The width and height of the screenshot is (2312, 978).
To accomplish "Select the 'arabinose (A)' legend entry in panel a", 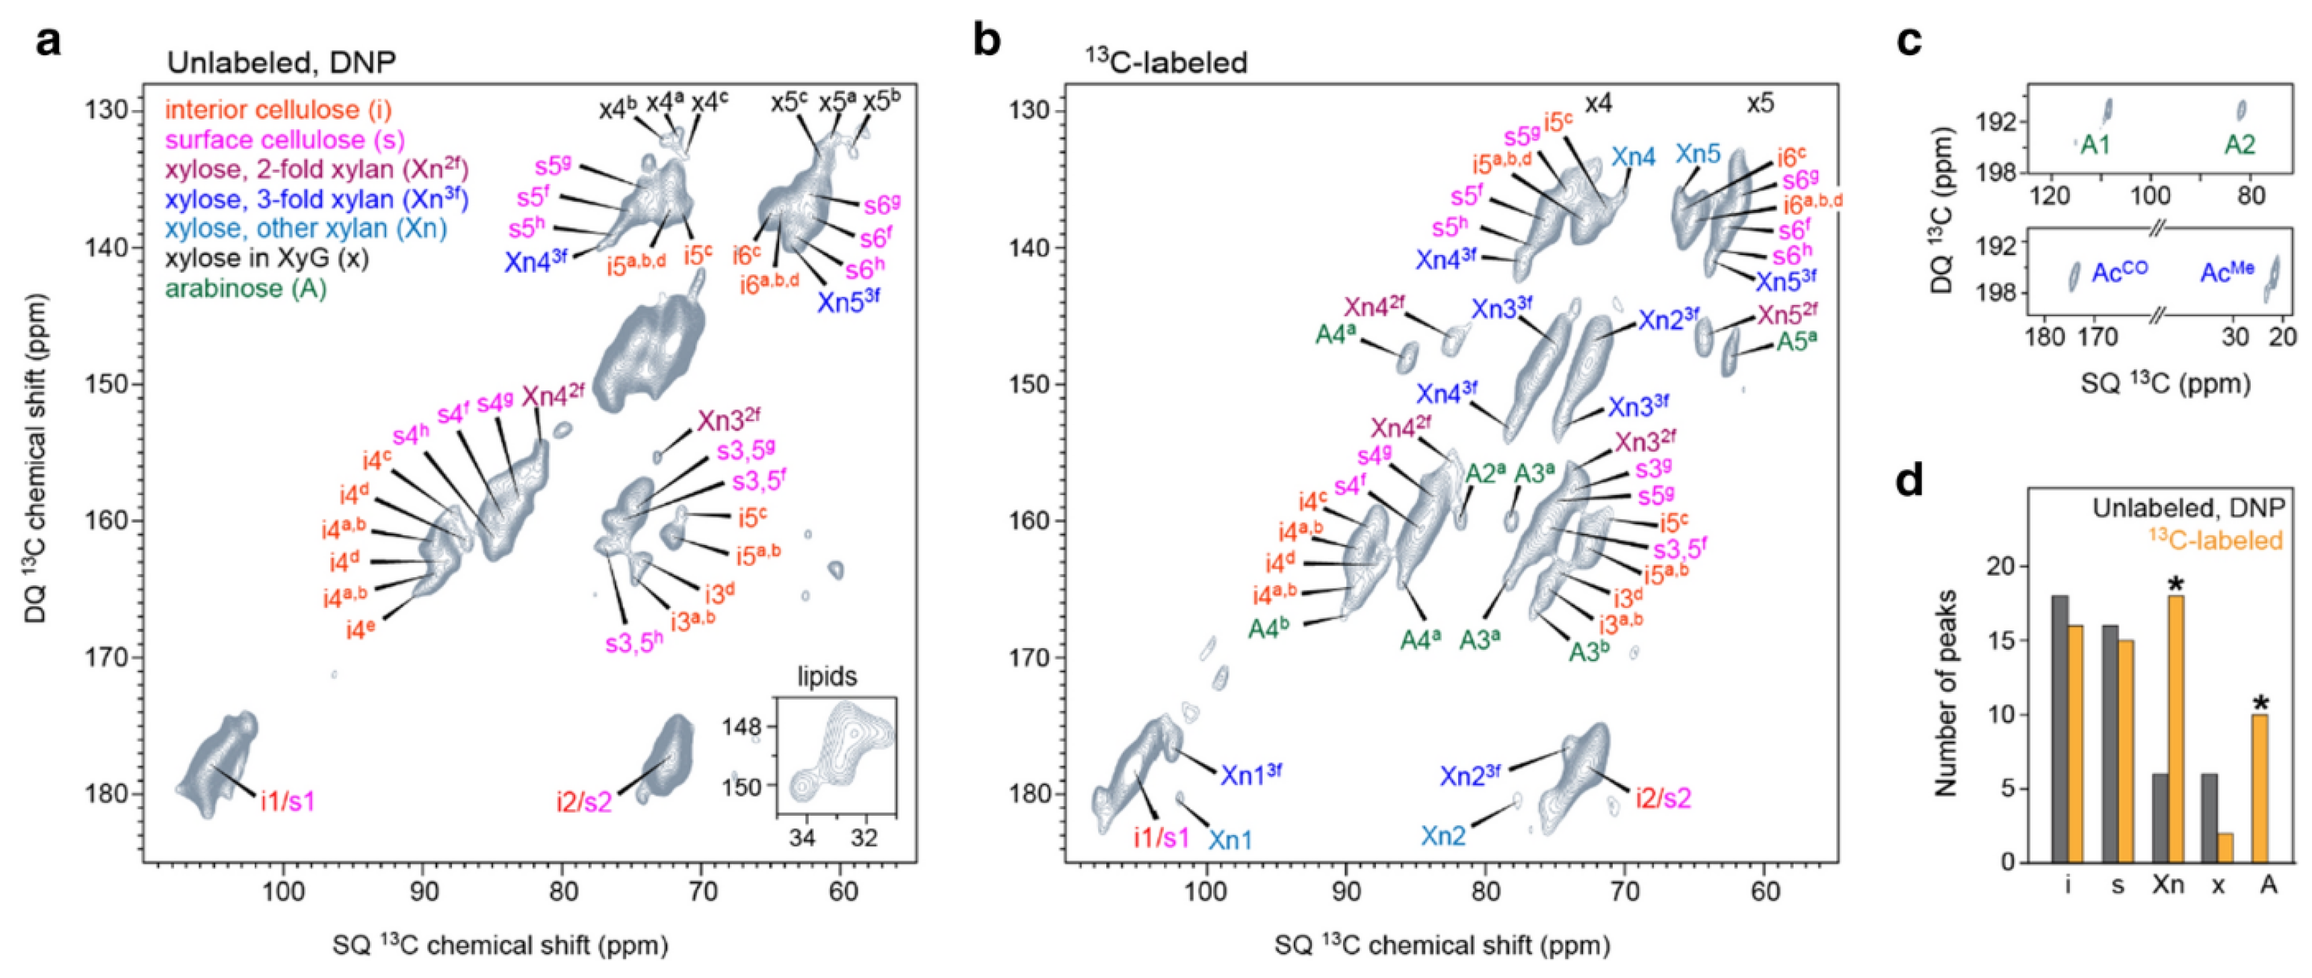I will pos(245,289).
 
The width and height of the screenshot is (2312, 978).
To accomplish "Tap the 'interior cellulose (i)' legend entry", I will pos(278,110).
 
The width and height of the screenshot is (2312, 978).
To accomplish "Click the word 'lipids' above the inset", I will pos(827,676).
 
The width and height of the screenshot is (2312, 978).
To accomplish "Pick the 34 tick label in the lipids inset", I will pos(802,839).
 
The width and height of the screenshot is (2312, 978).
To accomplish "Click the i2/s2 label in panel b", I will pos(1662,798).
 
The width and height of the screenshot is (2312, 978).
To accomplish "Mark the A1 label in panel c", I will pos(2094,144).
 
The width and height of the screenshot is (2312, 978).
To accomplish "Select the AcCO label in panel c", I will pos(2119,272).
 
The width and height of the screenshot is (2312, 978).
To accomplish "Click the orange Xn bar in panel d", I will pos(2175,728).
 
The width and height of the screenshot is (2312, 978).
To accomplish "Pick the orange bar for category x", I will pos(2226,848).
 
